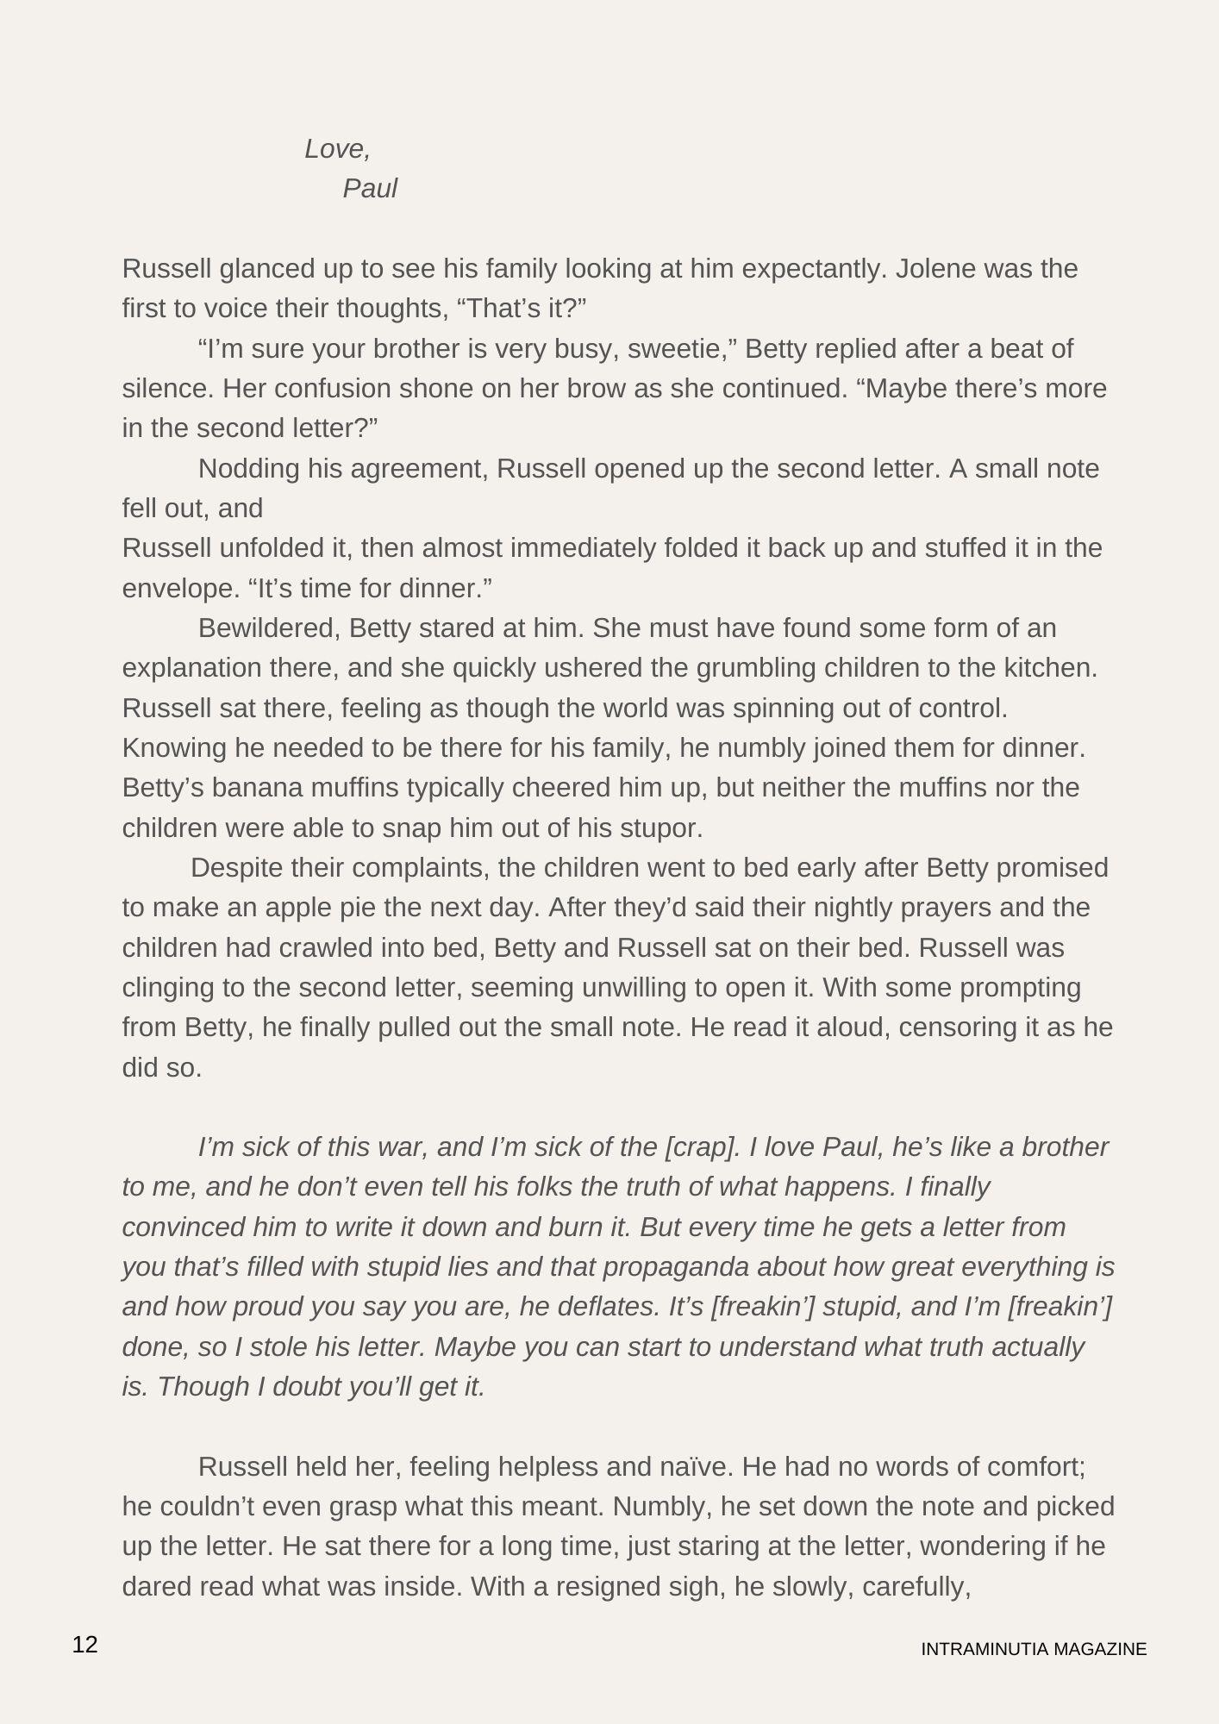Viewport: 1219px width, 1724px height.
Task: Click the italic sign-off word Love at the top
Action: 335,149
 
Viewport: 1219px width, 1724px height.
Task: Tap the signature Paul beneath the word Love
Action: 370,189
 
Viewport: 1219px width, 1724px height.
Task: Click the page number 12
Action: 85,1645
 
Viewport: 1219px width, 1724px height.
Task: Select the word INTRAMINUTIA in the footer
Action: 984,1649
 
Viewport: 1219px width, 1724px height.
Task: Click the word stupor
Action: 664,828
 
